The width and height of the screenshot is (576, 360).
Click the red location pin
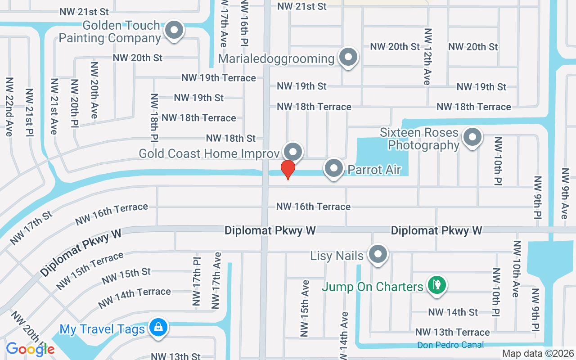coord(288,169)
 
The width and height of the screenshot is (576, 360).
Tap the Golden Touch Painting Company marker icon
coord(173,31)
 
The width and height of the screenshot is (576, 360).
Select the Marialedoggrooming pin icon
coord(348,57)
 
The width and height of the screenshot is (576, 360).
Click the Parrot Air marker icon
coord(334,169)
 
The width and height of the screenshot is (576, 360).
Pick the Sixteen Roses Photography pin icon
coord(472,137)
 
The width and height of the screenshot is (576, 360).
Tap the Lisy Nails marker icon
coord(378,254)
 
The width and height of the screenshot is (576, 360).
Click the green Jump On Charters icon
coord(436,284)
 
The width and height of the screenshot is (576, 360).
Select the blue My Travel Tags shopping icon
coord(158,328)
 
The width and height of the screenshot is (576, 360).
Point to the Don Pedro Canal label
coord(450,345)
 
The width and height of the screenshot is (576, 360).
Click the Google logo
coord(30,349)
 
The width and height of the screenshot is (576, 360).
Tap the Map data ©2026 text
coord(537,354)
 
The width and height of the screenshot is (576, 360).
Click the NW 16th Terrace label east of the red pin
coord(313,207)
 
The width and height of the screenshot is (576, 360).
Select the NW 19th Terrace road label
coord(219,78)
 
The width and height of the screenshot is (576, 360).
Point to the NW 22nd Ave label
coord(9,107)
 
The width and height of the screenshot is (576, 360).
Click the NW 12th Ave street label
coord(427,57)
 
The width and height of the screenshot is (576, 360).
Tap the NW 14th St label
coord(453,312)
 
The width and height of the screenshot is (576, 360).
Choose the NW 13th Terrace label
coord(452,332)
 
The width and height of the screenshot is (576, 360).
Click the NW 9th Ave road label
coord(564,193)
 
